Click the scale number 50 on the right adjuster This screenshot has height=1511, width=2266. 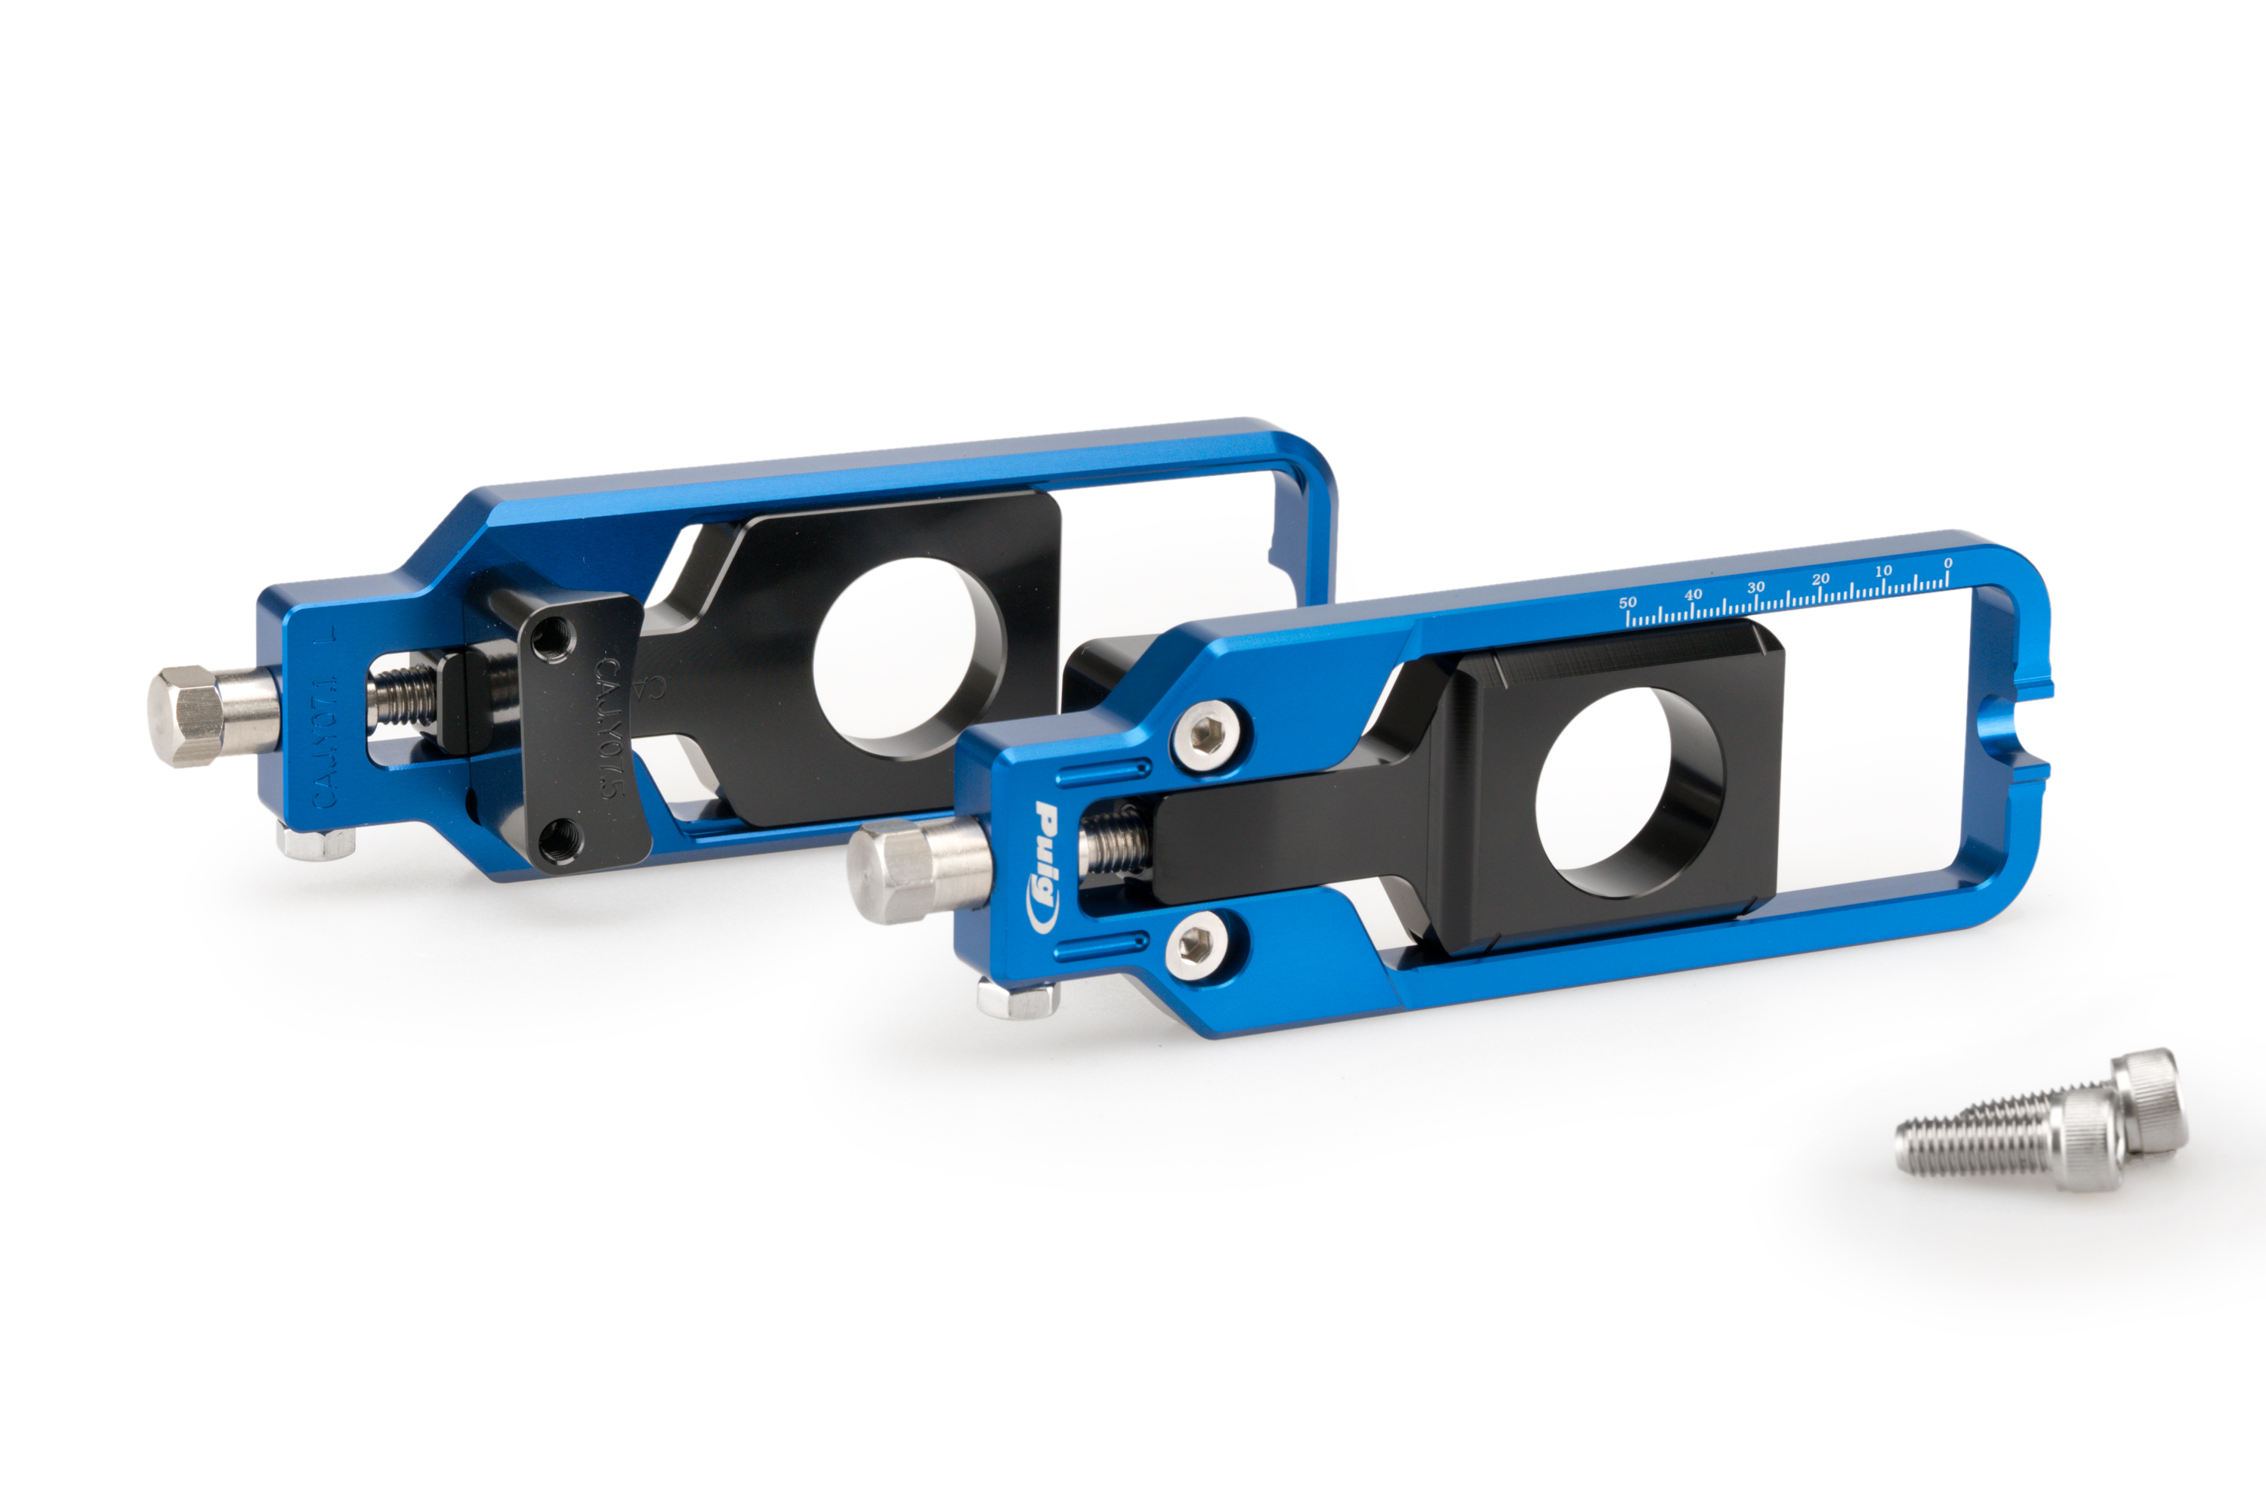pyautogui.click(x=1627, y=602)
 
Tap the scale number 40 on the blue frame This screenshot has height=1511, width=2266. pyautogui.click(x=1693, y=595)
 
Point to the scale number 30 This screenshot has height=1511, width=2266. pyautogui.click(x=1755, y=587)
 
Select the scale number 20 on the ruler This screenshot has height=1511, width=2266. pyautogui.click(x=1820, y=579)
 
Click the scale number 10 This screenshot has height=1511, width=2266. pyautogui.click(x=1884, y=570)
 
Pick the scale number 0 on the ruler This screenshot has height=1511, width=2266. pyautogui.click(x=1948, y=563)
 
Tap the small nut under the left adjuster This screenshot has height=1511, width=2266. pyautogui.click(x=316, y=842)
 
